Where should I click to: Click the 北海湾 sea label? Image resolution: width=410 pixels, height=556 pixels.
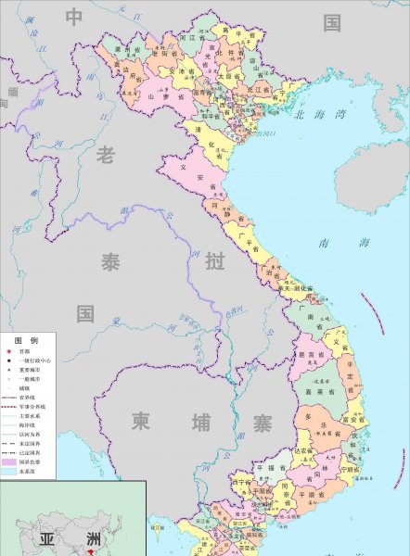318,116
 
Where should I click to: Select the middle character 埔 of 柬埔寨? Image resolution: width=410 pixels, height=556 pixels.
200,422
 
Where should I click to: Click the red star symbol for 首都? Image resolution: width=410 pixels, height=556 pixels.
8,353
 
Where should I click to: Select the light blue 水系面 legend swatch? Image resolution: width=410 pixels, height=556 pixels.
9,471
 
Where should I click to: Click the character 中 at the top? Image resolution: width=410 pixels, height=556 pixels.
74,17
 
